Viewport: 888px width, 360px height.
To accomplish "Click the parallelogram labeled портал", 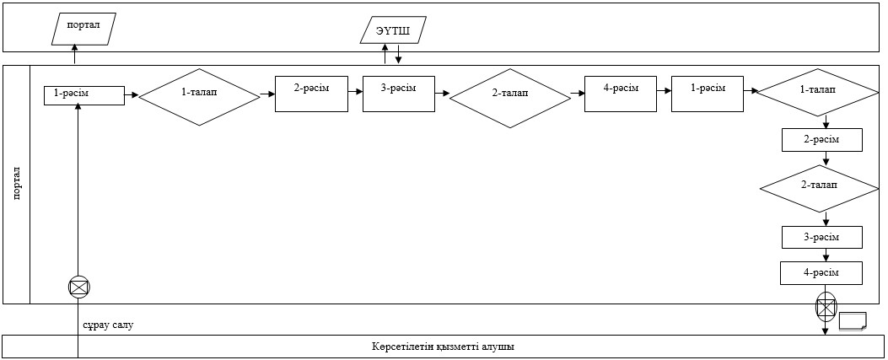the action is tap(83, 30).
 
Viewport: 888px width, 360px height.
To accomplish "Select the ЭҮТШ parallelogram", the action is tap(393, 30).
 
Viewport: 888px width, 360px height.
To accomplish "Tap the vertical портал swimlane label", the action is tap(16, 184).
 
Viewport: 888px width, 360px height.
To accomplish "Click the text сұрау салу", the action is tap(108, 325).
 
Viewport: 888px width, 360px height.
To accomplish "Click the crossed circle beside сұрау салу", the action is tap(78, 287).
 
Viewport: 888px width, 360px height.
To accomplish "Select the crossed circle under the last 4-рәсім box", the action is tap(825, 308).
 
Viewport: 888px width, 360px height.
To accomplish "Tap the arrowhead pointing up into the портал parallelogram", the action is tap(74, 50).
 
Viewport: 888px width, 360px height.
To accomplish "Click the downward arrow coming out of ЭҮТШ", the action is tap(399, 54).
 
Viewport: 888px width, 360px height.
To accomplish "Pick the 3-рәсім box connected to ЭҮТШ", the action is tap(399, 94).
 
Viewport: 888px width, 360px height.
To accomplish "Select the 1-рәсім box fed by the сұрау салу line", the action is tap(83, 95).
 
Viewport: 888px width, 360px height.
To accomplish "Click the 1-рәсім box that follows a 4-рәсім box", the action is tap(708, 94).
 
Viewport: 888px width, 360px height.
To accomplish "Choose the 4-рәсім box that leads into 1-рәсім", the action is tap(621, 94).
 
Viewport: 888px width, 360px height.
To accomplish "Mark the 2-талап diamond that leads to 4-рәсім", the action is tap(510, 99).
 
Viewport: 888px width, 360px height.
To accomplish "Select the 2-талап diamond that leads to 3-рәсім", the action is tap(819, 189).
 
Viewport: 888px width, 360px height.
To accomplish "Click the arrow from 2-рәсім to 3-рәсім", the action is tap(356, 90).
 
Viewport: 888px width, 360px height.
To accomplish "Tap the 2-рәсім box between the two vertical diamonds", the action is tap(821, 140).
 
